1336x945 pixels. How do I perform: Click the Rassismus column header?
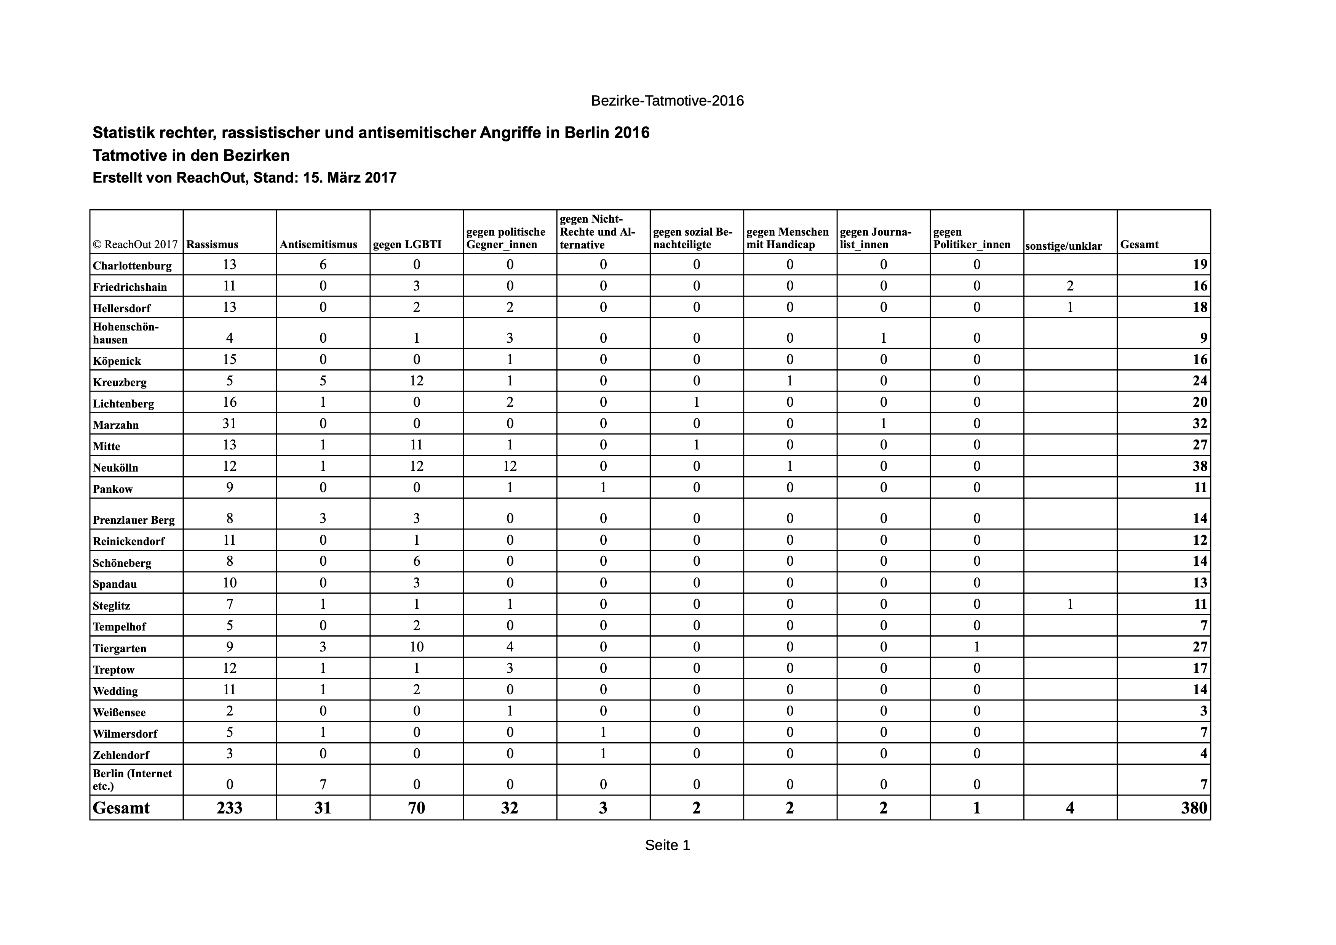(213, 245)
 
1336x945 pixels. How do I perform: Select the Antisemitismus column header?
(318, 245)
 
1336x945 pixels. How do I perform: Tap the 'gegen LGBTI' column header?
(408, 245)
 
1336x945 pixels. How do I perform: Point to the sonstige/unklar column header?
(1064, 246)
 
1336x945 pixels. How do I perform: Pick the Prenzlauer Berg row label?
(134, 520)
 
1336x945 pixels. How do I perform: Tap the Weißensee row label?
(119, 712)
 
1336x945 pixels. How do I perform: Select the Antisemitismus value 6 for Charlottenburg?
(323, 264)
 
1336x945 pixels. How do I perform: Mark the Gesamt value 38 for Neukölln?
(1200, 466)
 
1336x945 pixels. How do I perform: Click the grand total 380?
(1194, 808)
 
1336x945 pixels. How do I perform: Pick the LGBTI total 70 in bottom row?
(417, 808)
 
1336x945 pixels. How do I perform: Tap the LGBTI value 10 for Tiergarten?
(417, 646)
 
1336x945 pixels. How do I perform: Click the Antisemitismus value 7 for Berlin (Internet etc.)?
(323, 784)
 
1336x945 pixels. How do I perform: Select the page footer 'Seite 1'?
(667, 845)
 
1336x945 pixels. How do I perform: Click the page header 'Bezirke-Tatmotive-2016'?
(667, 101)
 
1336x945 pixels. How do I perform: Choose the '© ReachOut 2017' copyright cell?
(135, 245)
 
